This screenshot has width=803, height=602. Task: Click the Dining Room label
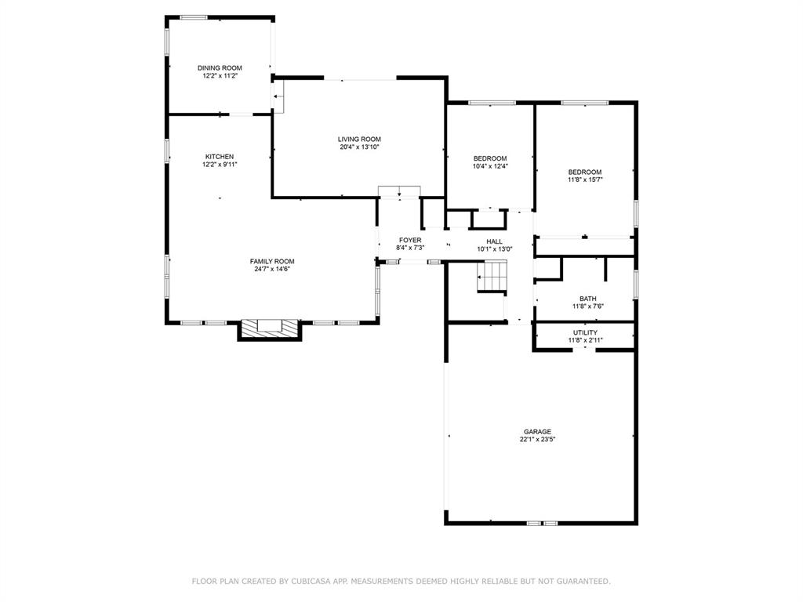220,68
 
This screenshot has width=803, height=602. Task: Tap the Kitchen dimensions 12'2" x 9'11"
220,165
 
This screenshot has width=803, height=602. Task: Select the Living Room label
359,139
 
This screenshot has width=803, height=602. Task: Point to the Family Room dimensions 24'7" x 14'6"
272,270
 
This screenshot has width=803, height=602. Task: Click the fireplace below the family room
269,328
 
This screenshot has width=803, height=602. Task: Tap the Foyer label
410,240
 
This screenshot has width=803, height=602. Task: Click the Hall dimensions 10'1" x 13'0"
494,250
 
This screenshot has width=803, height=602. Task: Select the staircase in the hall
492,276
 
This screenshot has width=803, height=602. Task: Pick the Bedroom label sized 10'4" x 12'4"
490,158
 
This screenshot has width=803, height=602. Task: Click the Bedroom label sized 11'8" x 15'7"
585,172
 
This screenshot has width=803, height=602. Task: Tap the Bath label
587,299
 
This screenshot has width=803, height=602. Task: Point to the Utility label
585,332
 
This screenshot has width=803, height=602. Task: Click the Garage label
538,432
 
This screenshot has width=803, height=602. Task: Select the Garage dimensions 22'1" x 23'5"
538,440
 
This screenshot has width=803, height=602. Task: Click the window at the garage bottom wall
542,522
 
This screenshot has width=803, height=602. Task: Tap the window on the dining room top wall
194,17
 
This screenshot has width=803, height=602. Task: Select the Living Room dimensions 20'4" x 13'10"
359,147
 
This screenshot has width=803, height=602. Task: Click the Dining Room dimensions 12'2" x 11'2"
220,76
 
